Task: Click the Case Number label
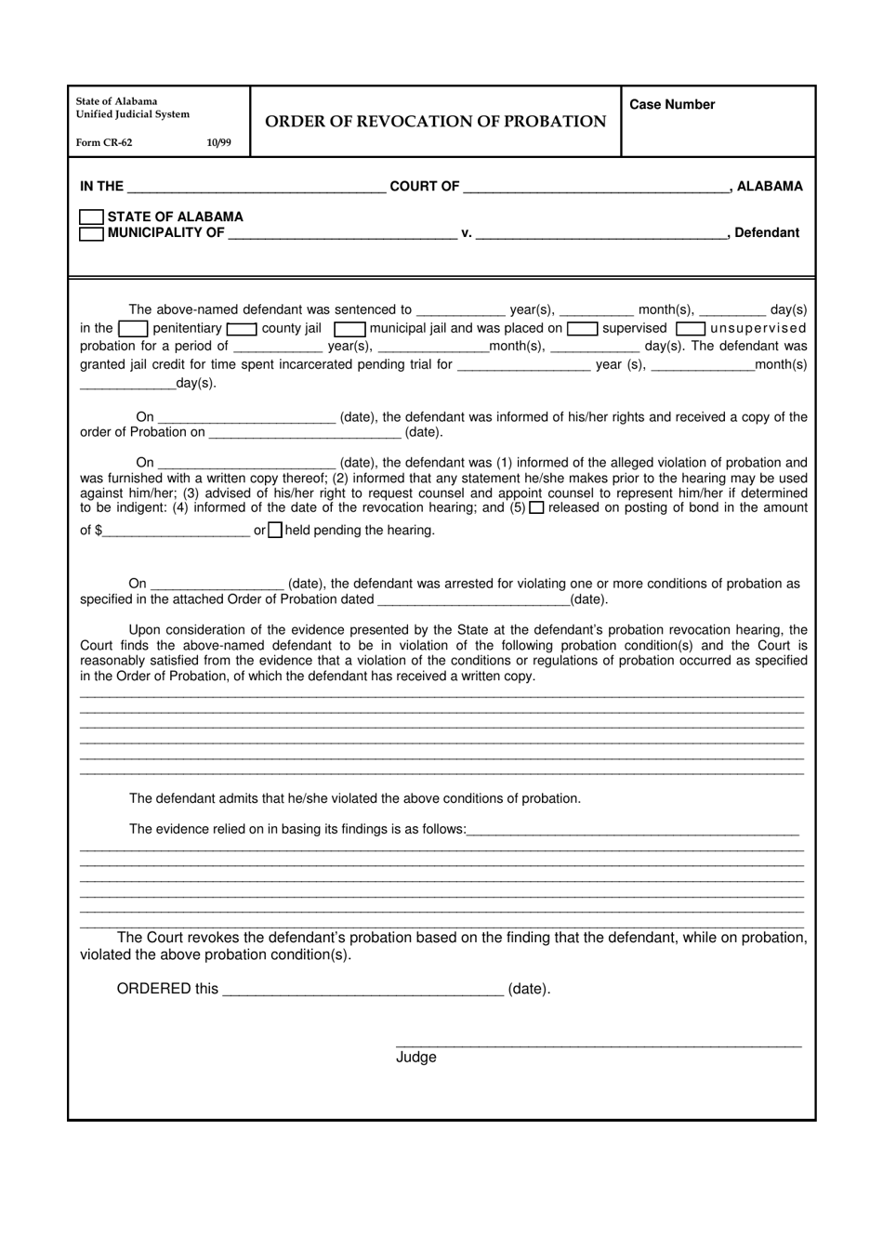tap(672, 105)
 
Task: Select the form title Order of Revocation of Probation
tap(435, 122)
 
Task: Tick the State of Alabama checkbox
tap(91, 217)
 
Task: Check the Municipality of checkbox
tap(91, 233)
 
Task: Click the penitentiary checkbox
tap(133, 329)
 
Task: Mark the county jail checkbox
tap(242, 329)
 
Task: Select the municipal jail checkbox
tap(349, 329)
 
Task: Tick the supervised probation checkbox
tap(582, 329)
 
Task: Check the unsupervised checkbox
tap(690, 329)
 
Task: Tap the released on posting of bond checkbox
tap(536, 508)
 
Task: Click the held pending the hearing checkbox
tap(275, 531)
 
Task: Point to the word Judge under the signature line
tap(415, 1058)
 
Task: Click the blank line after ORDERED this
tap(363, 989)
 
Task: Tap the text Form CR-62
tap(104, 143)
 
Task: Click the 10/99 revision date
tap(218, 143)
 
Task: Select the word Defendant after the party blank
tap(766, 233)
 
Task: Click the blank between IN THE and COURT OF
tap(256, 187)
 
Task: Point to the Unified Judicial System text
tap(133, 115)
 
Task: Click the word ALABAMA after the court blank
tap(770, 187)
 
